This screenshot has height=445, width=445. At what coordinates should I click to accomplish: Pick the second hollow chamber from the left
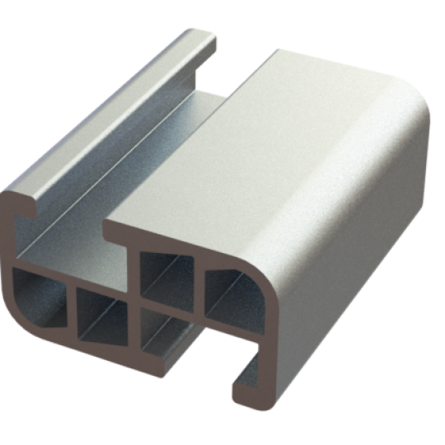(x=101, y=311)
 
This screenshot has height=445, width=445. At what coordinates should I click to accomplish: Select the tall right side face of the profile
(x=354, y=264)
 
